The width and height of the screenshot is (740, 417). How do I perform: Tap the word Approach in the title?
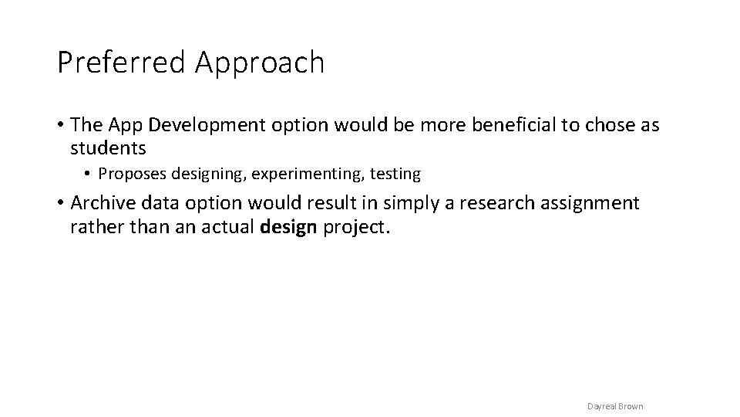(260, 63)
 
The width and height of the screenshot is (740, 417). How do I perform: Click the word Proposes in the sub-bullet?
(128, 175)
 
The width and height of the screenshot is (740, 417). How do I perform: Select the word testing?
(395, 175)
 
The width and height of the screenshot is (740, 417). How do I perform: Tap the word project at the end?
(355, 228)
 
